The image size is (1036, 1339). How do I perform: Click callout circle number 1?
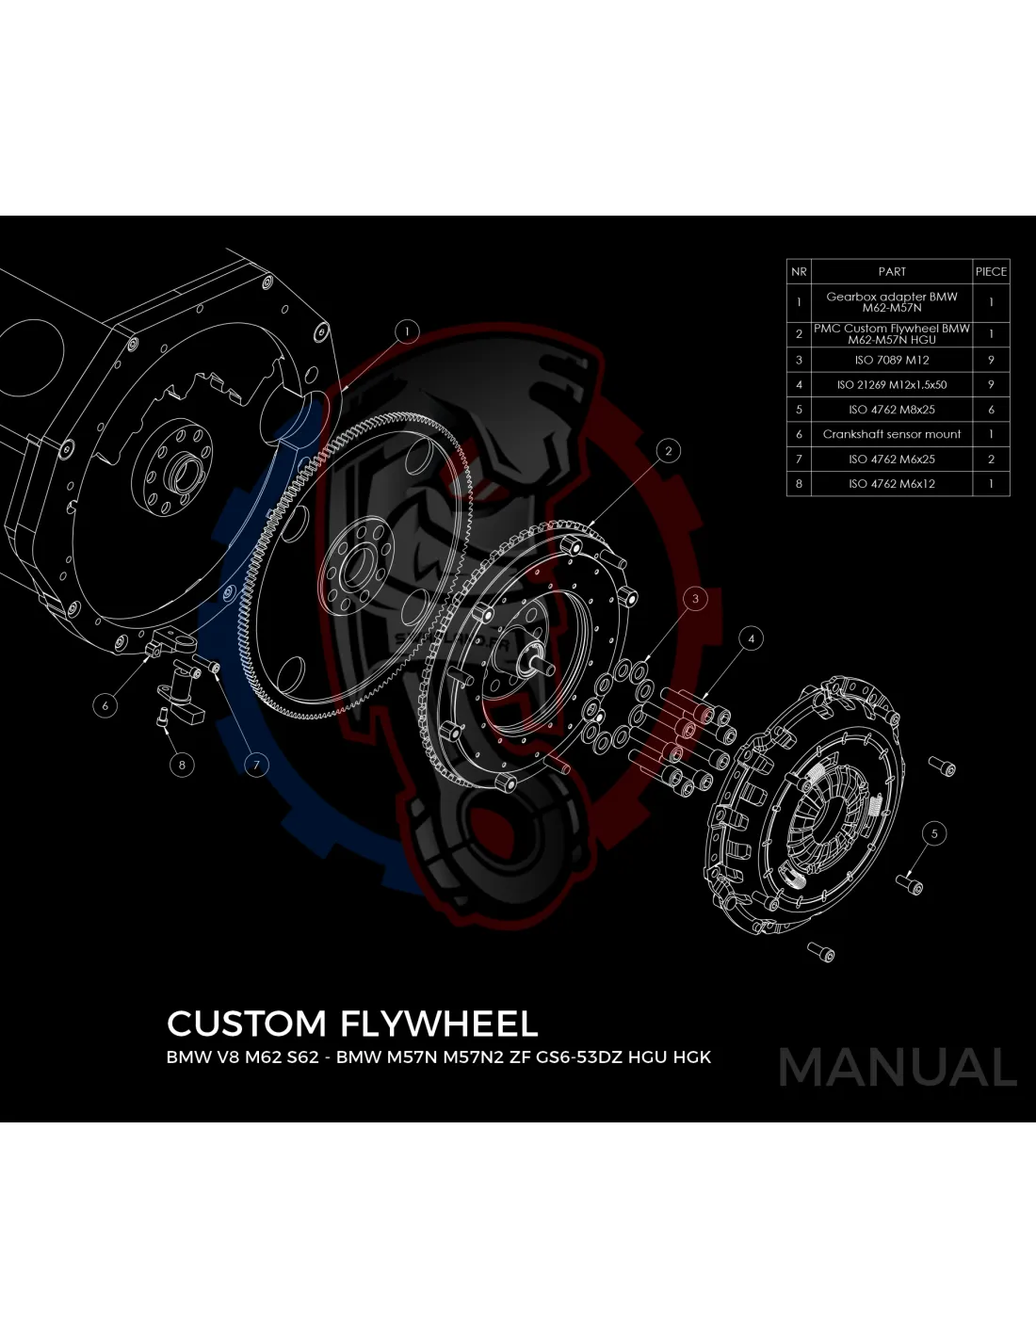tap(406, 332)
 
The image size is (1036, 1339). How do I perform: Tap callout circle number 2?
tap(668, 451)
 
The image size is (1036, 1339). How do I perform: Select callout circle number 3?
tap(696, 598)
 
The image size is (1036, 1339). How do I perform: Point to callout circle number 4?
tap(751, 639)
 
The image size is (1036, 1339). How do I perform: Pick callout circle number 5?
tap(934, 833)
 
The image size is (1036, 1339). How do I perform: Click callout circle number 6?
tap(105, 705)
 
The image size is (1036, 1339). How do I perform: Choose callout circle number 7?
tap(256, 766)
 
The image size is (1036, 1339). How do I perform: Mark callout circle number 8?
tap(182, 766)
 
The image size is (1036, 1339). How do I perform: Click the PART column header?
tap(892, 272)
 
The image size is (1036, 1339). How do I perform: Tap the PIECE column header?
tap(991, 272)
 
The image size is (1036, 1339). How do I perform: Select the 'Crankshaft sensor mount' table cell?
tap(892, 434)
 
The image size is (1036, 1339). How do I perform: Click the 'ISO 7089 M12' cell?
tap(892, 360)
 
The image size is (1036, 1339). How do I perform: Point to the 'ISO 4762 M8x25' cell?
tap(892, 410)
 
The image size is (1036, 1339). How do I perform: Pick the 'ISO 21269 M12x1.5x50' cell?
tap(892, 384)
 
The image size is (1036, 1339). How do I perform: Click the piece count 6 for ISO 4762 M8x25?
tap(991, 410)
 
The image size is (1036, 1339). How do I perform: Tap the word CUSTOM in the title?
tap(247, 1024)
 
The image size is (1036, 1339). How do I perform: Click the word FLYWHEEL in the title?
tap(439, 1024)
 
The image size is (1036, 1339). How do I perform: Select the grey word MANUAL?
tap(898, 1067)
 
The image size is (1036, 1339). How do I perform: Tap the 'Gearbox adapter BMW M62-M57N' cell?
tap(892, 302)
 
